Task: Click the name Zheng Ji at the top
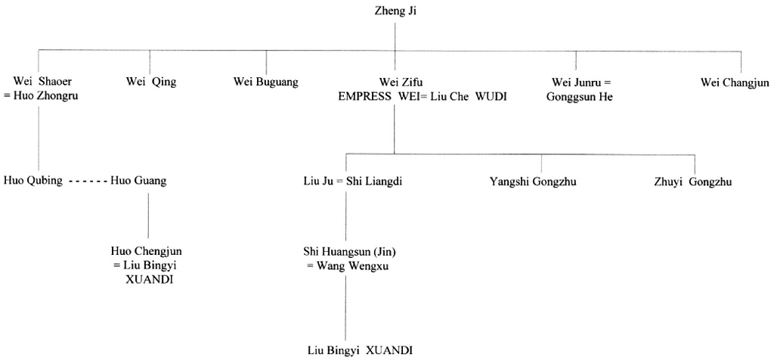[x=395, y=10]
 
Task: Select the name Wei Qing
[x=151, y=82]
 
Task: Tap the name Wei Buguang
[x=265, y=82]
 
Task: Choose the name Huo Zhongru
[x=45, y=96]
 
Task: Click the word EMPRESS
[x=365, y=96]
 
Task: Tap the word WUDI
[x=491, y=96]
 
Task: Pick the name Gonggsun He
[x=579, y=96]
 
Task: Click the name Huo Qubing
[x=33, y=181]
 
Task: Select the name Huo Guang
[x=138, y=181]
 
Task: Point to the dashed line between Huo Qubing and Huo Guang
[x=87, y=182]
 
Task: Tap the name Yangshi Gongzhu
[x=533, y=182]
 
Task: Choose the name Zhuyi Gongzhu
[x=692, y=182]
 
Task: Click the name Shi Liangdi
[x=374, y=182]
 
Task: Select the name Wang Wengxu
[x=352, y=265]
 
